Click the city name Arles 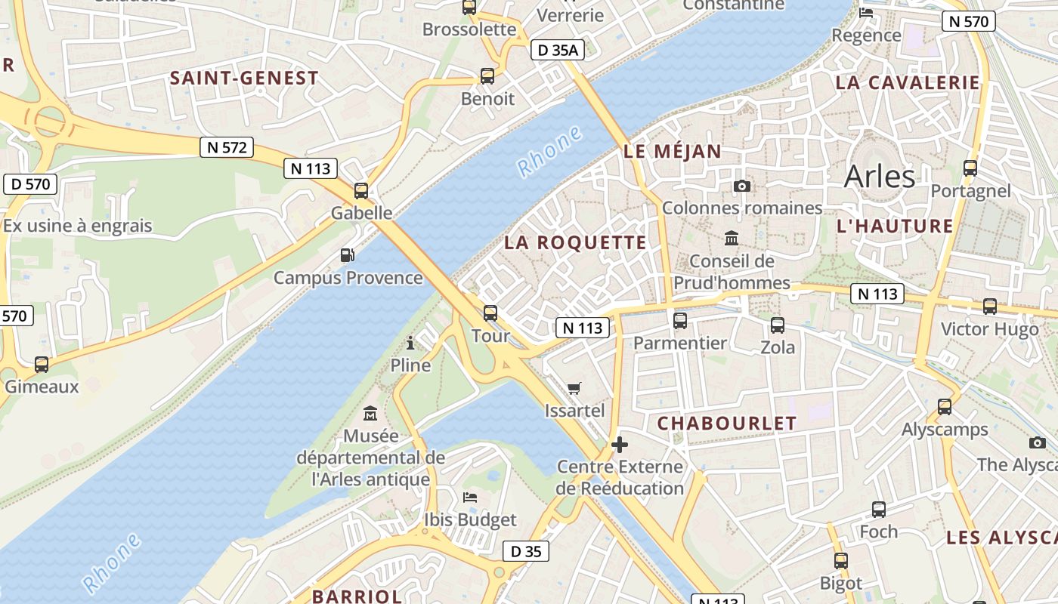[x=879, y=176]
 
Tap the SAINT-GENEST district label [x=244, y=78]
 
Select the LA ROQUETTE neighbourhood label [x=575, y=242]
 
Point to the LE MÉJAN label [x=673, y=151]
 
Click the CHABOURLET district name [x=727, y=423]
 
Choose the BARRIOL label [x=357, y=596]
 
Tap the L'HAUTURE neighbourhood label [x=895, y=226]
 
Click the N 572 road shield [x=227, y=147]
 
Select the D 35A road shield [x=558, y=51]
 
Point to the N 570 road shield [x=968, y=21]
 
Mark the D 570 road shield [x=31, y=183]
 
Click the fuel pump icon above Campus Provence [x=347, y=255]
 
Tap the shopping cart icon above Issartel [x=574, y=389]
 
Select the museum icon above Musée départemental [x=370, y=414]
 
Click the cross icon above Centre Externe [x=620, y=444]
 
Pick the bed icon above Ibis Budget [x=469, y=498]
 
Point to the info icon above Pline [x=410, y=343]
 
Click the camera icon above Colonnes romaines [x=742, y=186]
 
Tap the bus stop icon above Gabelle [x=361, y=191]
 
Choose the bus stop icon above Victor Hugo [x=989, y=307]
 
